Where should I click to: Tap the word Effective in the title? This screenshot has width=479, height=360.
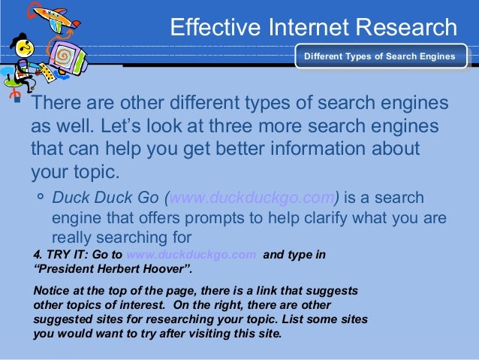coord(213,28)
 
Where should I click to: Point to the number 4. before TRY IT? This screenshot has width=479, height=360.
coord(39,255)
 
